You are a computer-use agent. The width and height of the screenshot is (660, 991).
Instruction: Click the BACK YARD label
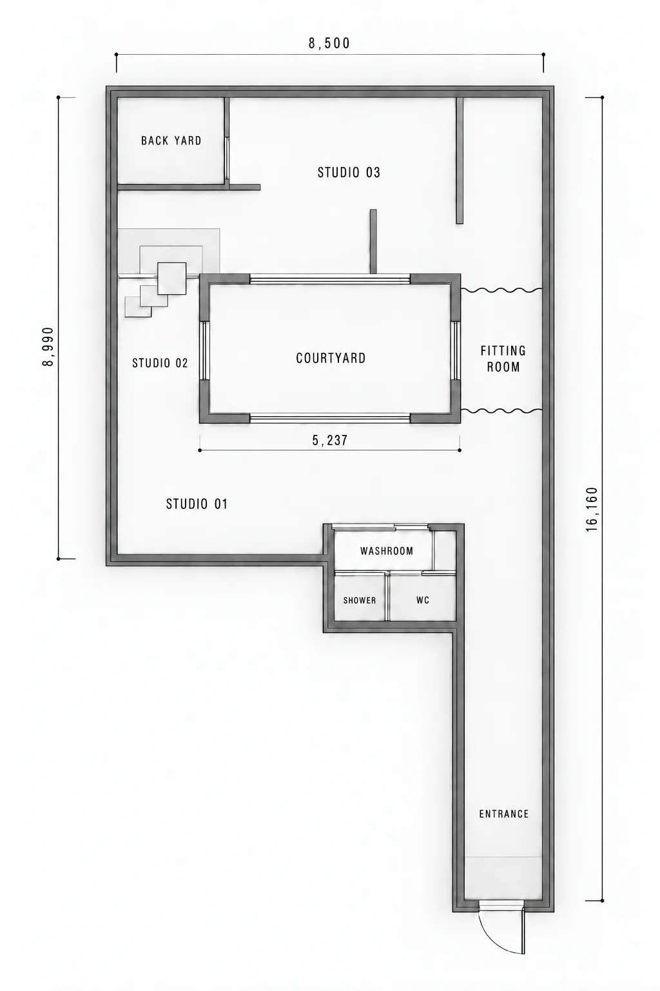(171, 141)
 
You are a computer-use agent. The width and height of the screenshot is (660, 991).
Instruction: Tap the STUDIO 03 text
(349, 172)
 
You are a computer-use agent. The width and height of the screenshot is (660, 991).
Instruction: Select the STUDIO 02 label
(160, 363)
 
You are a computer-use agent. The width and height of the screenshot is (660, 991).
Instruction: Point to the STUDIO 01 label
(197, 504)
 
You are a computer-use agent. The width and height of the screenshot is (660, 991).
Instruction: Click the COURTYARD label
(331, 358)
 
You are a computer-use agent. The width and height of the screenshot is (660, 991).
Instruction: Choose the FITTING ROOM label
(503, 359)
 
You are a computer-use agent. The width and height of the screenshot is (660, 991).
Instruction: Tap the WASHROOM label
(387, 551)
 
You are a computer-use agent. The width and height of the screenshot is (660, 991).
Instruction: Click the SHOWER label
(360, 601)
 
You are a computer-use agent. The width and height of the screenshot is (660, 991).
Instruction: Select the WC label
(423, 601)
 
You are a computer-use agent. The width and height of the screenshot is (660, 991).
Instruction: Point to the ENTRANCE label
(504, 814)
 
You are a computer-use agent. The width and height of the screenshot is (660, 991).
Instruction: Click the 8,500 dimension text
(329, 43)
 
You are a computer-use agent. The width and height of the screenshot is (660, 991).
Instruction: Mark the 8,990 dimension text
(48, 346)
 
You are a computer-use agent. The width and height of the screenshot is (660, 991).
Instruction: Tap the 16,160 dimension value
(592, 509)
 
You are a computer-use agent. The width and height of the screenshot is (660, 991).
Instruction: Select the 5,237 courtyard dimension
(330, 440)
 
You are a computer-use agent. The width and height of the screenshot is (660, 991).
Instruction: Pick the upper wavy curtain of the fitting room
(501, 290)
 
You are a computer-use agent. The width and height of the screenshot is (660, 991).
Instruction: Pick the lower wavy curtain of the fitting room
(501, 411)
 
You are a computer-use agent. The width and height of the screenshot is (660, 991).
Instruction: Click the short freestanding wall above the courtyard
(373, 241)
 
